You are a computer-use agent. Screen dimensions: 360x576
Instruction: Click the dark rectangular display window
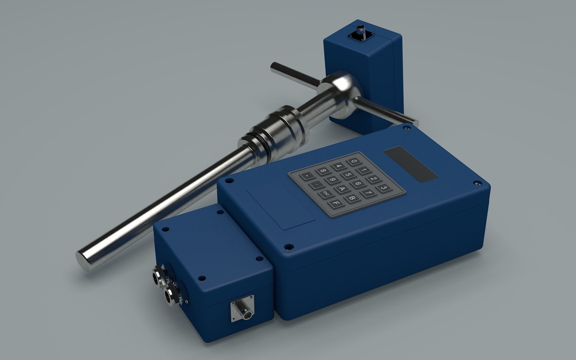(x=410, y=164)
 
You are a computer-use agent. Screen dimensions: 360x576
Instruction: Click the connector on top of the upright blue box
(x=358, y=32)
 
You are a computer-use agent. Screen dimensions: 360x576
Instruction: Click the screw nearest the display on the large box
(x=477, y=183)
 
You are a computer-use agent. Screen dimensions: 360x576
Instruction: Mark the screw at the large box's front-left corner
(x=288, y=247)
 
